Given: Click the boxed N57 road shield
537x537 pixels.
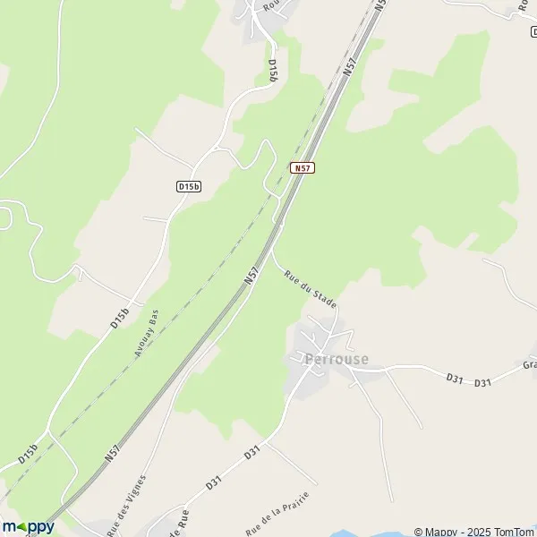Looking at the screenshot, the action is (303, 167).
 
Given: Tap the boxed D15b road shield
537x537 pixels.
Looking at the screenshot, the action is (188, 186).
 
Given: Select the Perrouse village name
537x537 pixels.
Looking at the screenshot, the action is (336, 360).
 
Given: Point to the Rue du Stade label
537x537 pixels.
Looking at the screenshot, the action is (311, 290).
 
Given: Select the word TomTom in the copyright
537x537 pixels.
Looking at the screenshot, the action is (509, 531).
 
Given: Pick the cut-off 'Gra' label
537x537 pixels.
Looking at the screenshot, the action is (530, 365).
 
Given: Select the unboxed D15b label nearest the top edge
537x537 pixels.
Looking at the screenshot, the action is (272, 71).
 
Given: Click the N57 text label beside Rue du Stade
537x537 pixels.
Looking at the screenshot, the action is (252, 276).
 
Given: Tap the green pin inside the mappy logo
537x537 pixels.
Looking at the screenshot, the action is (24, 528).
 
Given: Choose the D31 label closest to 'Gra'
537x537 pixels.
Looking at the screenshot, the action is (484, 383).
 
